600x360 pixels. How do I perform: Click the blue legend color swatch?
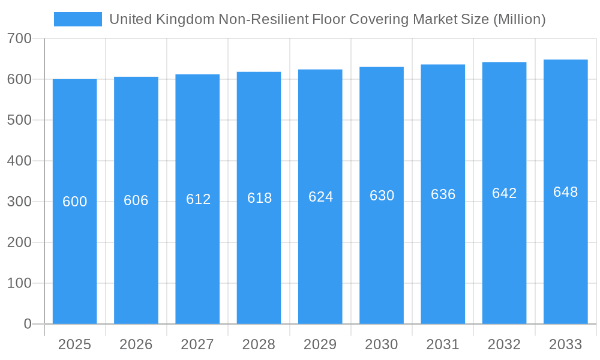pyautogui.click(x=78, y=19)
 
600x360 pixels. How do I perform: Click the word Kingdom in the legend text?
pyautogui.click(x=185, y=19)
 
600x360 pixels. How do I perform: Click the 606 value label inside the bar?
pyautogui.click(x=136, y=200)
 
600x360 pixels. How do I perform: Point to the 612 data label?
pyautogui.click(x=198, y=199)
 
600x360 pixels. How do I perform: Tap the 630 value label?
pyautogui.click(x=382, y=196)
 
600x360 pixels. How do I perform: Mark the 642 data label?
pyautogui.click(x=504, y=193)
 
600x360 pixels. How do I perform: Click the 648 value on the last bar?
pyautogui.click(x=566, y=192)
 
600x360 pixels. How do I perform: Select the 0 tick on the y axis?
pyautogui.click(x=28, y=324)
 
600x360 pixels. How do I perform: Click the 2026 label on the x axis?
pyautogui.click(x=136, y=344)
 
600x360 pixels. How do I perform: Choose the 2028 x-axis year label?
pyautogui.click(x=259, y=344)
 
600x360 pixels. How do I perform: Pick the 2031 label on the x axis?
pyautogui.click(x=443, y=344)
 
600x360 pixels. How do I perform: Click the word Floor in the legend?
pyautogui.click(x=331, y=19)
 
